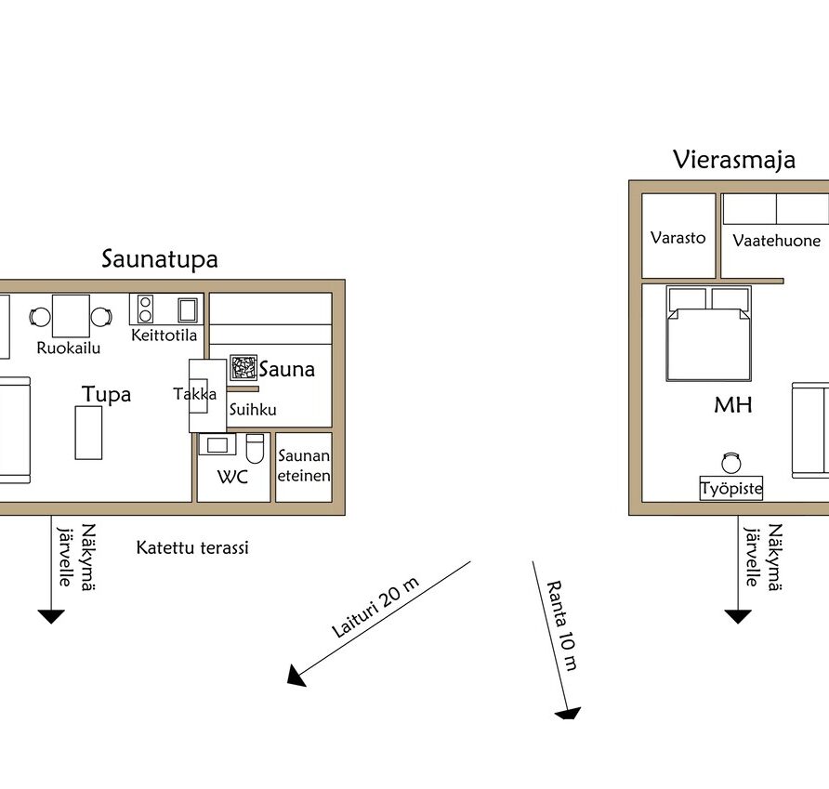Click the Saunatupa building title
160,259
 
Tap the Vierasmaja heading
734,160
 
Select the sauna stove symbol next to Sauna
243,367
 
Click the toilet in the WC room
255,449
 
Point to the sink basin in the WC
217,445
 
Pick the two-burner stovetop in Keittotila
145,309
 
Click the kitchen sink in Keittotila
188,309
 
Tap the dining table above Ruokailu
71,316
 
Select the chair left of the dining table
40,317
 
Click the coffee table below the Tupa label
89,432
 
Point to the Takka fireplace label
194,394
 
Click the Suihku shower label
253,409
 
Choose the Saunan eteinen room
304,467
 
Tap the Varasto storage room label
678,238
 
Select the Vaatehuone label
777,241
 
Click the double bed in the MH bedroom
709,334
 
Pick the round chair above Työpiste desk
731,463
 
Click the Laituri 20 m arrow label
375,607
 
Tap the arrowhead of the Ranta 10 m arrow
569,714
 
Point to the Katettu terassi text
192,547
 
